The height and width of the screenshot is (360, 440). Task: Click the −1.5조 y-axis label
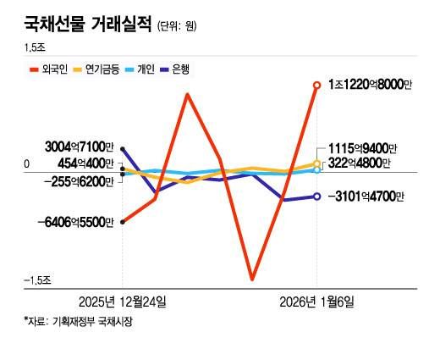pyautogui.click(x=37, y=280)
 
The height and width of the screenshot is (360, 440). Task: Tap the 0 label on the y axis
pyautogui.click(x=26, y=163)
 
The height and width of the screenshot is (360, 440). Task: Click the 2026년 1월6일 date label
pyautogui.click(x=317, y=302)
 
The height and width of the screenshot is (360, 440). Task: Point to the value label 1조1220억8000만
pyautogui.click(x=366, y=86)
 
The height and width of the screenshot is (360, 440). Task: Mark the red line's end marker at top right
pyautogui.click(x=316, y=85)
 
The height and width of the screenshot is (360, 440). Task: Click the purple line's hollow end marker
pyautogui.click(x=316, y=197)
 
